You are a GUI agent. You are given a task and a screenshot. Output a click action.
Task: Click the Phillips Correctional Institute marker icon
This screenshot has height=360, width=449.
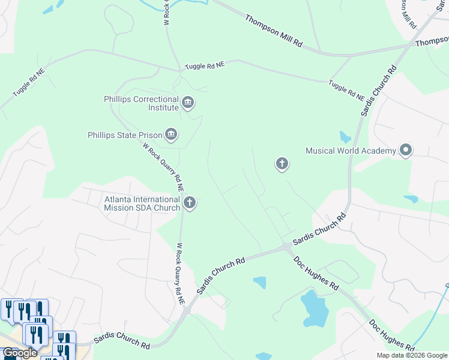[x=188, y=103]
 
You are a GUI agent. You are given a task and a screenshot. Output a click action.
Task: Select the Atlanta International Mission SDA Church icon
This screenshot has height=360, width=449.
[x=190, y=203]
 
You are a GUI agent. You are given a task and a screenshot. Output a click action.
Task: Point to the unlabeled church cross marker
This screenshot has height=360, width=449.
[x=282, y=163]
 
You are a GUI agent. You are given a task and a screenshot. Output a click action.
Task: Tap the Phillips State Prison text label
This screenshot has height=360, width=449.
[x=124, y=135]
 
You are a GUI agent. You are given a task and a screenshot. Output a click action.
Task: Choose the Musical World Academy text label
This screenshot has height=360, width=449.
[x=351, y=151]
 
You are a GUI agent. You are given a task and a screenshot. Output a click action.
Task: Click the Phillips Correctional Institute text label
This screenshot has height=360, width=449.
[x=142, y=103]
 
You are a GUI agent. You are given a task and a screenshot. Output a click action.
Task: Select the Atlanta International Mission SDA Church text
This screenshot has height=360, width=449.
[x=142, y=203]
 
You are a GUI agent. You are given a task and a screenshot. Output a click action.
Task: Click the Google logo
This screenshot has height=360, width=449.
[x=20, y=353]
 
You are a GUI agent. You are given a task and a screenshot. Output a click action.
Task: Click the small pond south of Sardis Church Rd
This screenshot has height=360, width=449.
[x=260, y=282]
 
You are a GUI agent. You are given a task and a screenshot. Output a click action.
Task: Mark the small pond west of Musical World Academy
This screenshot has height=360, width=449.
[x=345, y=137]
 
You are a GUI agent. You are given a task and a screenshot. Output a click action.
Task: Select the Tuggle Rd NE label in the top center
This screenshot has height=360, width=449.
[x=204, y=65]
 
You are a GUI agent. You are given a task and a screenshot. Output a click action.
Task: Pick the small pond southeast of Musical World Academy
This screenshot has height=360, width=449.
[x=411, y=199]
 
